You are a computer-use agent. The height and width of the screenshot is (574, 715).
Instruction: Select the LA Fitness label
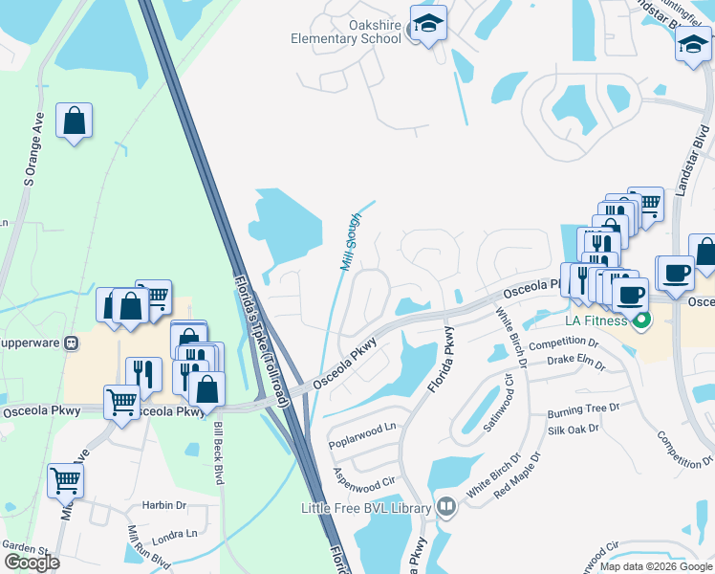(592, 320)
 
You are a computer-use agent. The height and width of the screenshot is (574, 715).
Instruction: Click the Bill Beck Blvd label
(218, 451)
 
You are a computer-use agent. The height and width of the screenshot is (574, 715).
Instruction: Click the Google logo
(32, 563)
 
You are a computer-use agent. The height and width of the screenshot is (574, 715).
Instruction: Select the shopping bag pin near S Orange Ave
(74, 121)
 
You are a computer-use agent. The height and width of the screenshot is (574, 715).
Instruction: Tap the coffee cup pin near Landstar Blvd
(674, 272)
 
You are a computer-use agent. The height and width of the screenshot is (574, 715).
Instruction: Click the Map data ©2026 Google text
(656, 566)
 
